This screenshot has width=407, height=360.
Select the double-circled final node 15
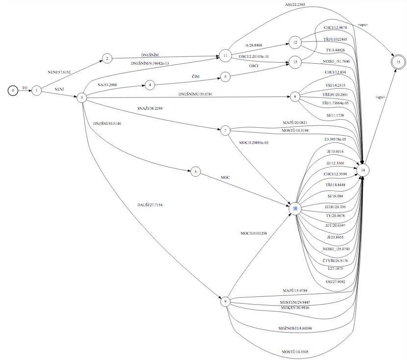[x=399, y=62]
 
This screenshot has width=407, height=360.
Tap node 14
[x=363, y=169]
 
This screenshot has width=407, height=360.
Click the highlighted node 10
[x=295, y=208]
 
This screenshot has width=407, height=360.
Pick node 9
[x=226, y=302]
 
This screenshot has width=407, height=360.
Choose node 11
[x=225, y=56]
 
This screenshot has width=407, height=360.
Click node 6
[x=195, y=171]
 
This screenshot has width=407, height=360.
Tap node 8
[x=295, y=97]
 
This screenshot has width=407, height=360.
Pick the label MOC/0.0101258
[x=254, y=233]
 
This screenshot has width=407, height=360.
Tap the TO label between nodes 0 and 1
[x=25, y=88]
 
